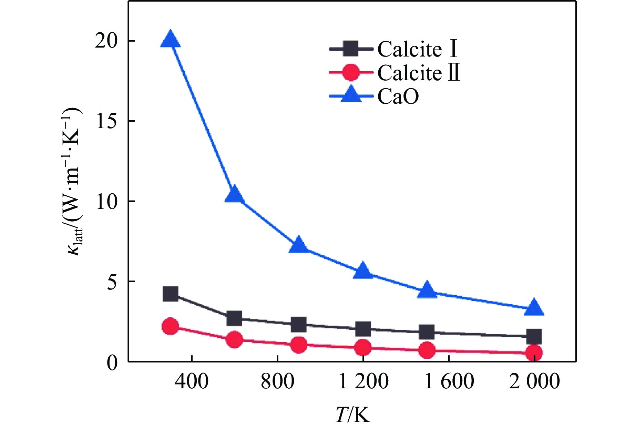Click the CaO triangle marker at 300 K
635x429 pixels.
tap(170, 39)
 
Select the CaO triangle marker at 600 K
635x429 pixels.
tap(235, 194)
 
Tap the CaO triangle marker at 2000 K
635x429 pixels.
tap(534, 308)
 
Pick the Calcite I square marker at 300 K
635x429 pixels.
tap(170, 294)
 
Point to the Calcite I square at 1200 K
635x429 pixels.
tap(363, 329)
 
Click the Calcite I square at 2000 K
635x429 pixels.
tap(534, 337)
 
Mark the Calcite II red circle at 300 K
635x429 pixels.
tap(170, 326)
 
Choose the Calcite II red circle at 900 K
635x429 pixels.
tap(299, 345)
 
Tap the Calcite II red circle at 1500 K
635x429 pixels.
tap(427, 350)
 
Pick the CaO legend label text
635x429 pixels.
tap(398, 96)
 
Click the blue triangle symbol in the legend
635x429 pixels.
tap(351, 94)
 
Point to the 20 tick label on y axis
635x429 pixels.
tap(106, 41)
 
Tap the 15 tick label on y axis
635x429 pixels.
tap(106, 121)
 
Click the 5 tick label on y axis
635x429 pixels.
tap(112, 282)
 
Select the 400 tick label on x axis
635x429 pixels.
tap(192, 381)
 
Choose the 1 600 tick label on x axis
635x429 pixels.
tap(449, 381)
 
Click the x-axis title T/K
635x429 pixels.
tap(353, 414)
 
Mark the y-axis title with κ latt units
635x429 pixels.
tap(73, 181)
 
